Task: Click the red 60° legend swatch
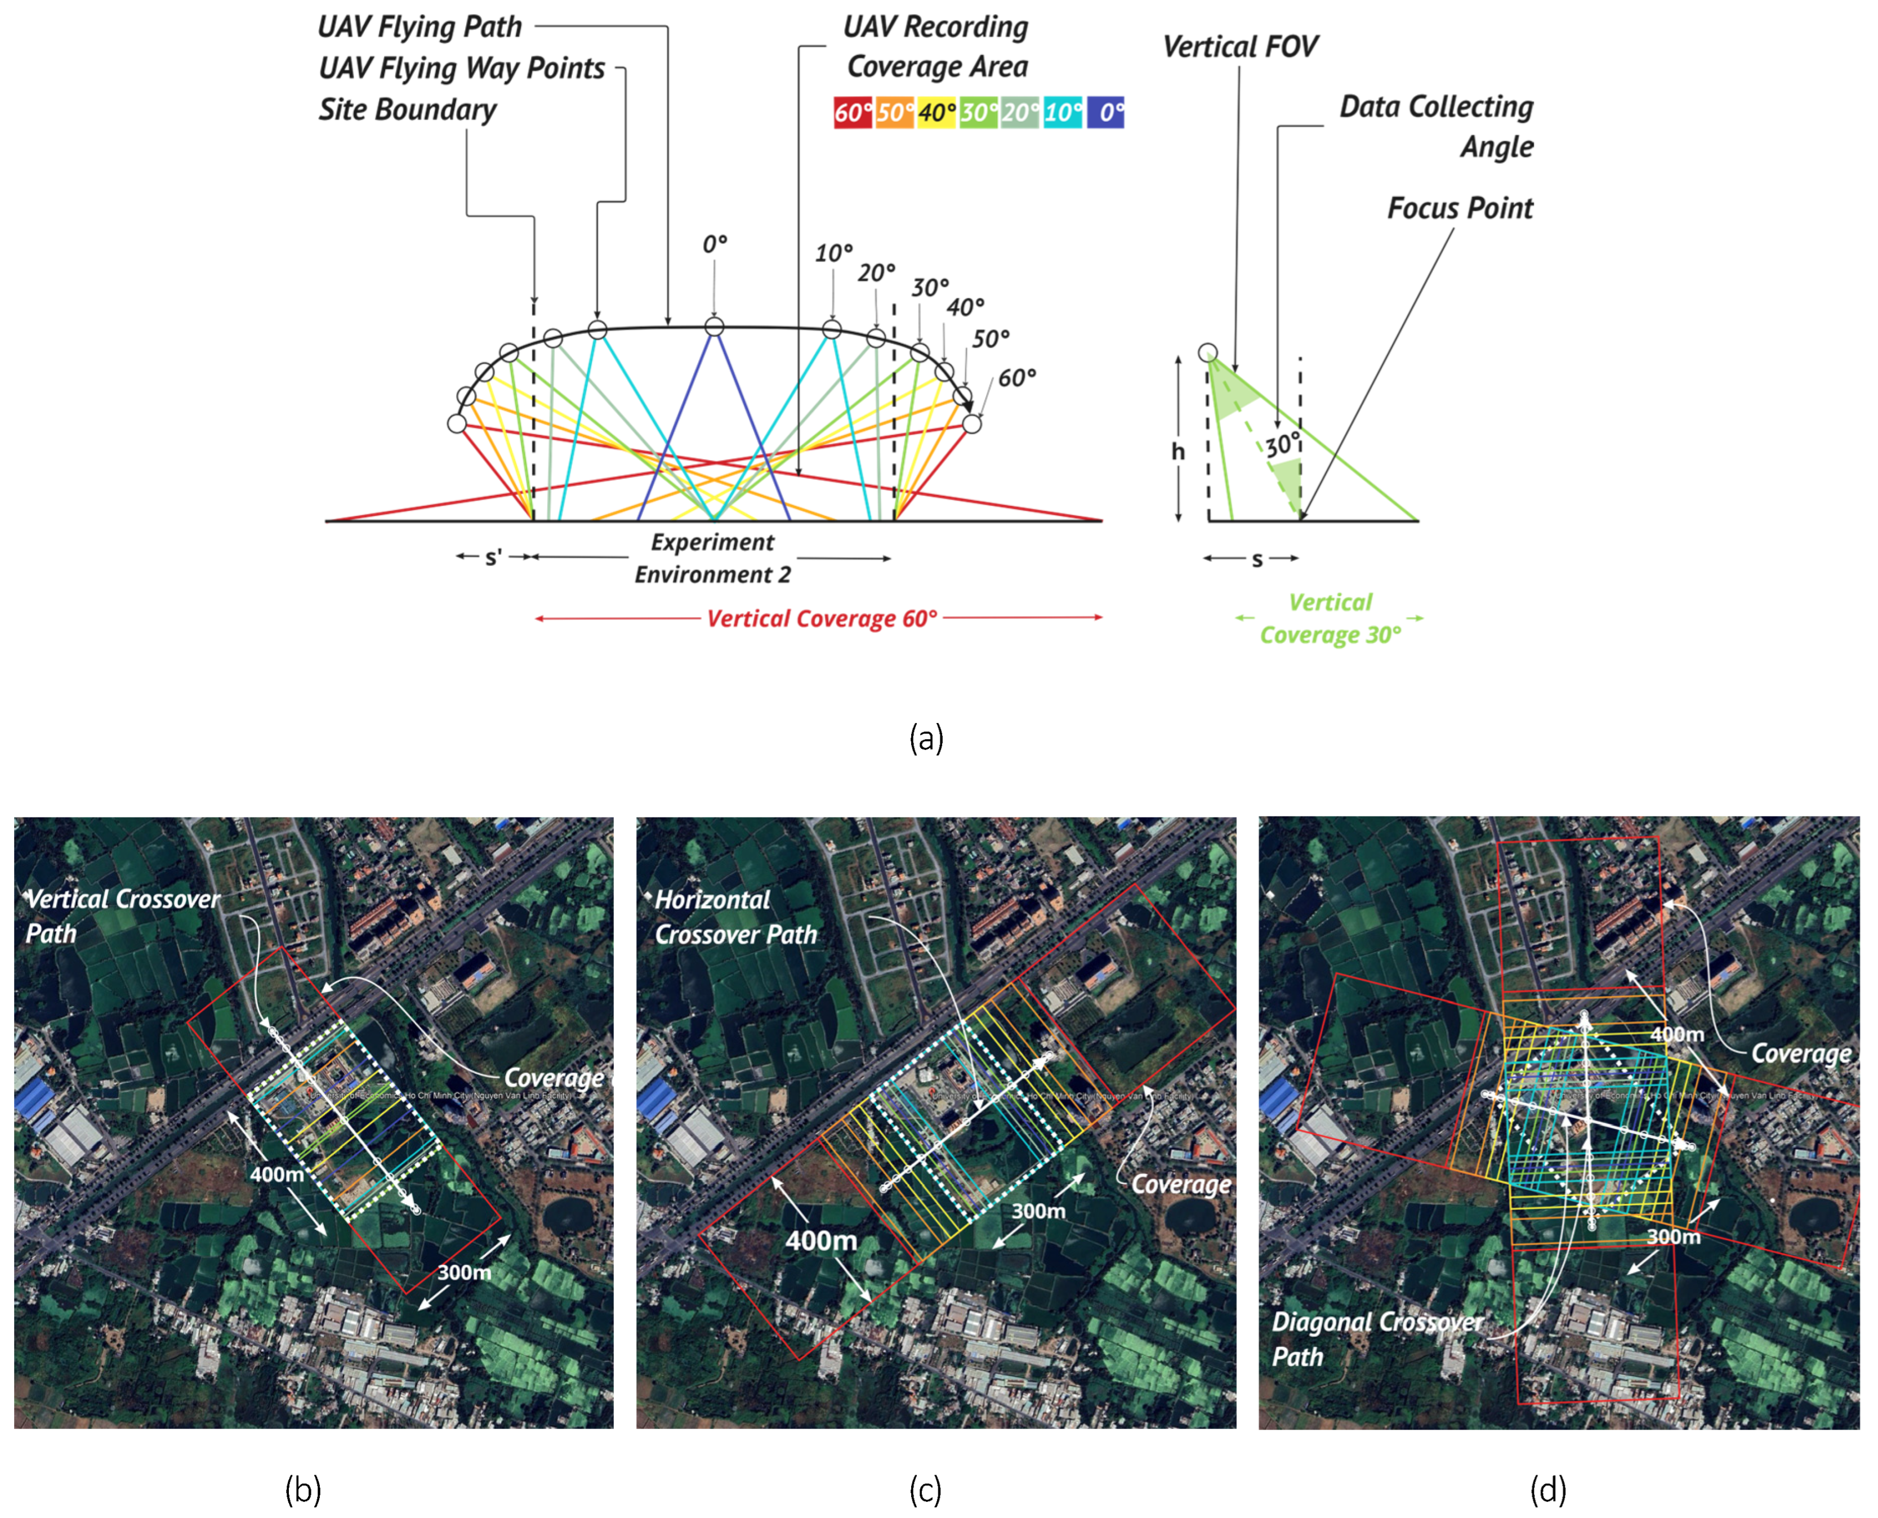point(853,113)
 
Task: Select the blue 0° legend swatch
point(1105,113)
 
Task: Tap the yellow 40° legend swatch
point(936,113)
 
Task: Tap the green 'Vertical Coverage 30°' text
point(1330,618)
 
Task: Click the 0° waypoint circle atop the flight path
point(714,327)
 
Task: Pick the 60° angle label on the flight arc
point(1017,378)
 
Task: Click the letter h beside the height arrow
point(1177,451)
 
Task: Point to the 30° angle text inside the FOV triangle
point(1283,444)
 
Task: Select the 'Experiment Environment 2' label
point(712,558)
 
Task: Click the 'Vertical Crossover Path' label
point(122,916)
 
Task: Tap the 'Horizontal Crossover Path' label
point(734,917)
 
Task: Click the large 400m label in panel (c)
point(821,1240)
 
